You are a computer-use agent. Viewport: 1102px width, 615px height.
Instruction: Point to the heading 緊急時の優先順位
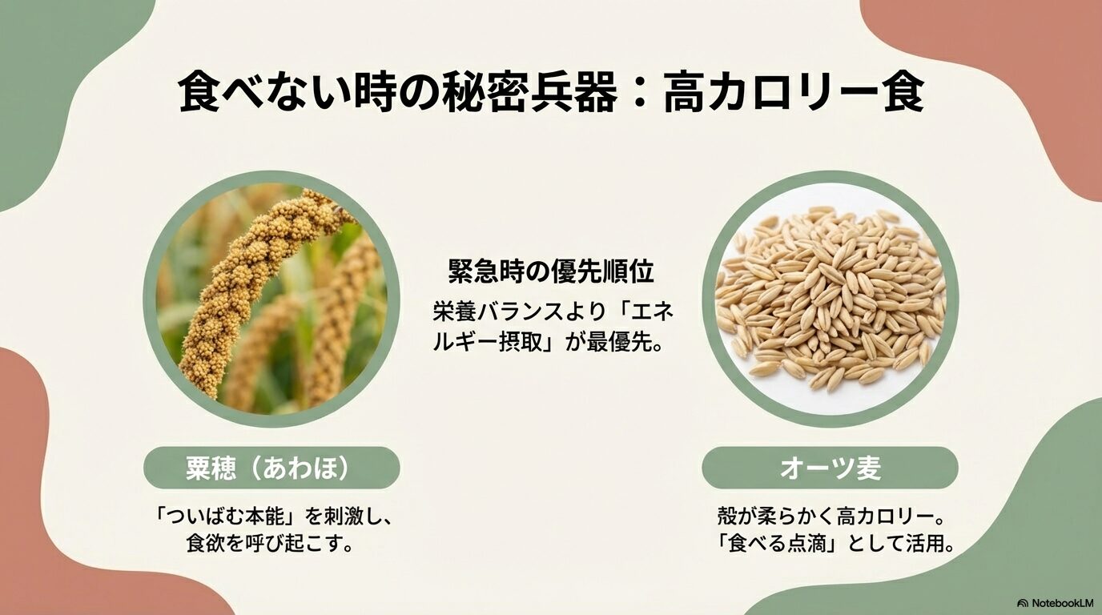(x=551, y=272)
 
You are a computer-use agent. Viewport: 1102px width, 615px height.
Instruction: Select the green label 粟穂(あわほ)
(x=271, y=468)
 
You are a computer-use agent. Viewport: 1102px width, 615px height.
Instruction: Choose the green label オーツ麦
(x=830, y=468)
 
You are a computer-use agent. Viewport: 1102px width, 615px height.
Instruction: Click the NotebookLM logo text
(x=1062, y=603)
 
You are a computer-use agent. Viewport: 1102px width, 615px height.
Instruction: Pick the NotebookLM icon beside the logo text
(x=1023, y=603)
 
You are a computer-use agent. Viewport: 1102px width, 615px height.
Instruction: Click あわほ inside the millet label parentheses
(x=308, y=468)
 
